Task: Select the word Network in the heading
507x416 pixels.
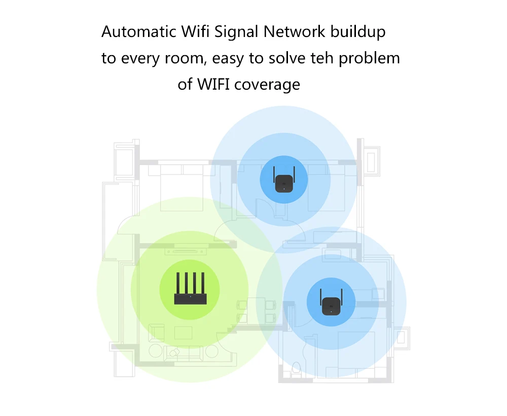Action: [x=295, y=32]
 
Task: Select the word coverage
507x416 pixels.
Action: [x=268, y=85]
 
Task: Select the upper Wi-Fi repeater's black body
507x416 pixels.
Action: [x=283, y=184]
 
